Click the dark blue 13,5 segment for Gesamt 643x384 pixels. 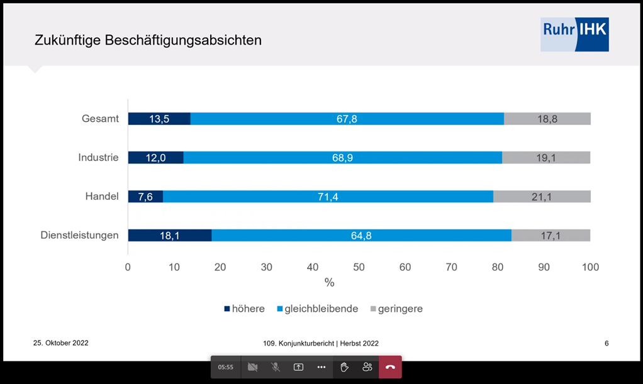[x=159, y=119]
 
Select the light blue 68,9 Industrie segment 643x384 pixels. [x=342, y=158]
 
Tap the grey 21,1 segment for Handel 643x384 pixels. [x=541, y=197]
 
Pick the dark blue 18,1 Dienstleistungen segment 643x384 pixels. [x=170, y=236]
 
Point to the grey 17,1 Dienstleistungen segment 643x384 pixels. [x=551, y=236]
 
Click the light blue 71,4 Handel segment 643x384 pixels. [x=328, y=197]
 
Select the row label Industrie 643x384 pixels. [x=98, y=158]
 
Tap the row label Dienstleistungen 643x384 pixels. [x=79, y=236]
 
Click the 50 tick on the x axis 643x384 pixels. [x=359, y=267]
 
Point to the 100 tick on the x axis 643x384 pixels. [x=590, y=267]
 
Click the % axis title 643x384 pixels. [x=329, y=283]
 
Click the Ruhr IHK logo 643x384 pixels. [x=574, y=35]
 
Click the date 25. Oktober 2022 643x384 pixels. [x=60, y=343]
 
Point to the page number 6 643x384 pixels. [x=607, y=343]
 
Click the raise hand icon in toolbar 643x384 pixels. [x=344, y=367]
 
